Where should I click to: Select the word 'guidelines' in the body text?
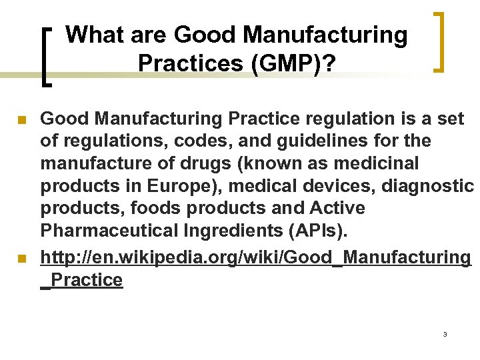pos(284,141)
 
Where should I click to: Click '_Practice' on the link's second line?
pos(82,279)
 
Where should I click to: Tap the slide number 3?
pos(444,333)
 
